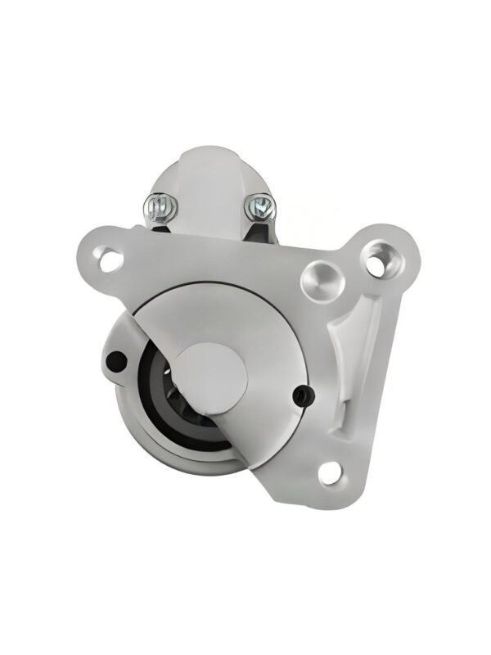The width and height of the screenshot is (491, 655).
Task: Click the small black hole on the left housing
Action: click(117, 359)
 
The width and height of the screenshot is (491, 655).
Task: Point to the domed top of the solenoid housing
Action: click(206, 164)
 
